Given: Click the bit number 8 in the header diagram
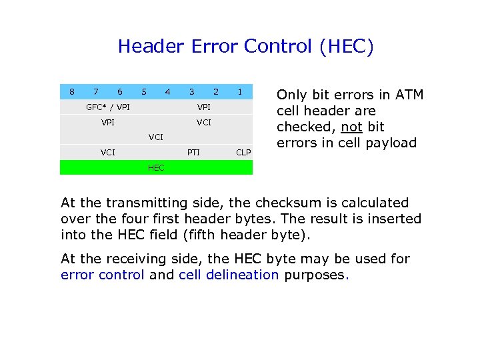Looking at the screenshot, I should tap(72, 91).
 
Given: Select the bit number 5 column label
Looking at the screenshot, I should tap(143, 91).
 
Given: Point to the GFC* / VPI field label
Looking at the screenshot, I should tap(108, 107).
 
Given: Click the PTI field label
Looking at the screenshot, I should tap(193, 152).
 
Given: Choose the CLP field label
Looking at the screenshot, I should tap(244, 152).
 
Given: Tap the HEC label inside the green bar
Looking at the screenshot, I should tap(155, 167).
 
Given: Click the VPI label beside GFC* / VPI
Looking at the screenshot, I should tap(204, 107).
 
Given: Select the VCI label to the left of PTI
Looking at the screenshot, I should tap(108, 152).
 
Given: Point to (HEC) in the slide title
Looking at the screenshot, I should tap(346, 47).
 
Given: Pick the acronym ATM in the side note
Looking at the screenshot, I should tap(409, 95).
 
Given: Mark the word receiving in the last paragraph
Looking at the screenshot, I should tap(133, 259).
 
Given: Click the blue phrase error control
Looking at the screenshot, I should tap(102, 275).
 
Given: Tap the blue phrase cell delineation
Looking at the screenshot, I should tap(229, 275).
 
